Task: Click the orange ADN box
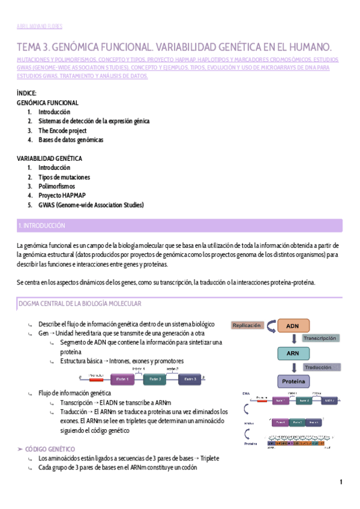293,326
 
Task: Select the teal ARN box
293,354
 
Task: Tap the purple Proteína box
293,381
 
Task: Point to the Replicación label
247,325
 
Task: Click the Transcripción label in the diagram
320,339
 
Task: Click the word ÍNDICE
26,93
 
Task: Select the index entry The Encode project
62,131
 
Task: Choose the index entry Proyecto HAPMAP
62,196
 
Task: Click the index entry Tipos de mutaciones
64,177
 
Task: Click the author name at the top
38,26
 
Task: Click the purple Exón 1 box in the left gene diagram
122,379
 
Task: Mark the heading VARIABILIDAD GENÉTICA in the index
50,158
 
